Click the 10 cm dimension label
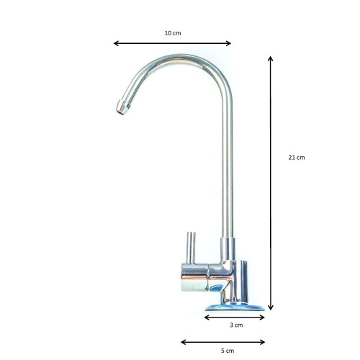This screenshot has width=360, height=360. coord(173,33)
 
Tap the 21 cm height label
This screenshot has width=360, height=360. coord(297,158)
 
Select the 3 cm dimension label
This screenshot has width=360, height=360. coord(236,325)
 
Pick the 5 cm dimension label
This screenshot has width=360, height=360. coord(228,351)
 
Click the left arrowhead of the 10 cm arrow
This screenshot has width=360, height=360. coord(116,43)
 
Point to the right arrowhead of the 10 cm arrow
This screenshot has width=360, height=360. coord(228,43)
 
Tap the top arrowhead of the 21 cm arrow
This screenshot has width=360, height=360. coord(271,59)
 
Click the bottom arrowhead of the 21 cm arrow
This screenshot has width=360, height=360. coord(271,307)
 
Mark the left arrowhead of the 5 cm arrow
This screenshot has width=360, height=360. coord(184,342)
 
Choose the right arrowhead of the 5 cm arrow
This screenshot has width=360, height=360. coord(262,342)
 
